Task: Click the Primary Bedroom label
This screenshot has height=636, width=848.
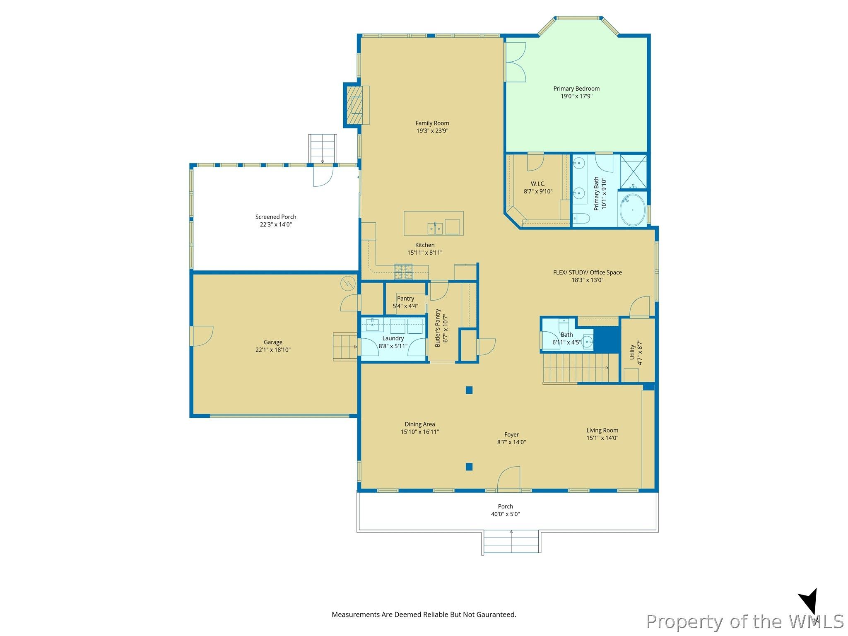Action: (x=576, y=89)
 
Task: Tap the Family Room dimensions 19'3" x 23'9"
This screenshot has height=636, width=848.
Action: (x=432, y=131)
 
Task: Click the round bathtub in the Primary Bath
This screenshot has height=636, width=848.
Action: (x=632, y=210)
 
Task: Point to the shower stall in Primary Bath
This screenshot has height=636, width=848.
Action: (x=633, y=171)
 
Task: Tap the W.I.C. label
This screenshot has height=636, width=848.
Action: (x=538, y=184)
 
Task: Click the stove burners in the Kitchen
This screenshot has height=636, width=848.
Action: (x=403, y=271)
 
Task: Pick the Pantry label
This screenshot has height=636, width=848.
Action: (x=405, y=299)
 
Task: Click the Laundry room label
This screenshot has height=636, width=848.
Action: (x=393, y=339)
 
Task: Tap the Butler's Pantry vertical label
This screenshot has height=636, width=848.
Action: (x=438, y=328)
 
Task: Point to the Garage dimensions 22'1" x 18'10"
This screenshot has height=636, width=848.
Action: (x=273, y=350)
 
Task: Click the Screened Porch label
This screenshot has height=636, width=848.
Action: (x=276, y=217)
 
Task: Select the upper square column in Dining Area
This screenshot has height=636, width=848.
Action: (x=469, y=390)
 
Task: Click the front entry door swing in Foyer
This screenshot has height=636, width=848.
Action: (x=508, y=479)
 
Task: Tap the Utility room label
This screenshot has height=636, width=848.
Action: (x=632, y=352)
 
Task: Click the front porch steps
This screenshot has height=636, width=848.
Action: (x=511, y=542)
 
